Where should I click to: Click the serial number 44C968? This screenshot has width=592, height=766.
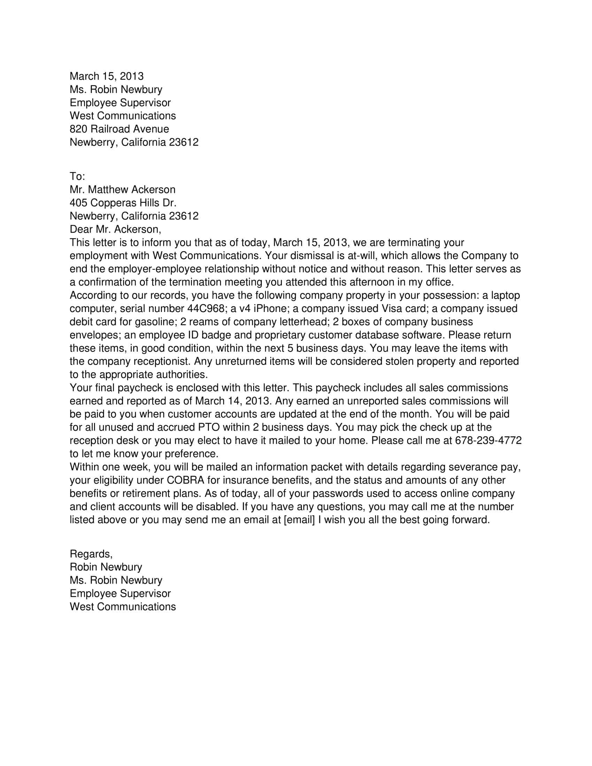[x=204, y=308]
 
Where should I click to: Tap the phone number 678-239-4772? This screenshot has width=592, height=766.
[x=488, y=440]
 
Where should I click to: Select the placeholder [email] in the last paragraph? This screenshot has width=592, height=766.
[x=299, y=520]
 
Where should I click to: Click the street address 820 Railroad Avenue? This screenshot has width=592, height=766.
[x=119, y=129]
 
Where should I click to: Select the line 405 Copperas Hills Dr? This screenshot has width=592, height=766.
[x=123, y=203]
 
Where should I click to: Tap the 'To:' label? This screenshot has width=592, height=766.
[x=77, y=176]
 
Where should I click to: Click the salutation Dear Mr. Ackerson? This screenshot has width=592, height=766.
[x=115, y=229]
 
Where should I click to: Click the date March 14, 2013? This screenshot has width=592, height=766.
[x=234, y=401]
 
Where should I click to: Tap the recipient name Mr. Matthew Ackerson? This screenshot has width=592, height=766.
[x=122, y=190]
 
